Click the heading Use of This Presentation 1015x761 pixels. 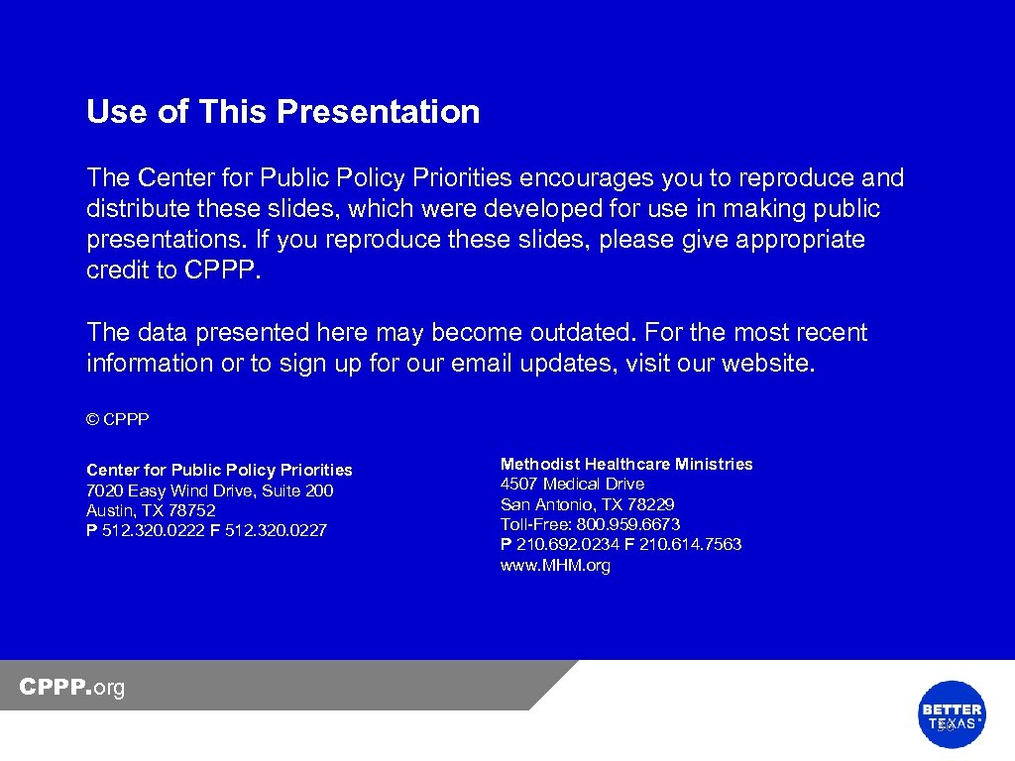pos(282,112)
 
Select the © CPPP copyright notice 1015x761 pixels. pos(117,420)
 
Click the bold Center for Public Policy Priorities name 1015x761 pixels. pos(219,470)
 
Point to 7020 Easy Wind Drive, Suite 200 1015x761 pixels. pos(209,490)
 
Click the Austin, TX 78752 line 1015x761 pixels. pos(151,510)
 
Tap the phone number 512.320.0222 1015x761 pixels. pos(153,530)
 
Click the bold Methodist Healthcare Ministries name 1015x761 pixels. pos(626,464)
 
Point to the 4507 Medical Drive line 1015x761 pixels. pos(572,485)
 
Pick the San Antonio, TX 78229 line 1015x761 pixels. pos(587,504)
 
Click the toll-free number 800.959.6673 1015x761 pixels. pos(630,524)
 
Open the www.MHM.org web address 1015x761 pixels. pos(555,566)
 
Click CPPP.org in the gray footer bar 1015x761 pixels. pos(72,688)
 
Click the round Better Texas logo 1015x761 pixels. pos(952,714)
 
